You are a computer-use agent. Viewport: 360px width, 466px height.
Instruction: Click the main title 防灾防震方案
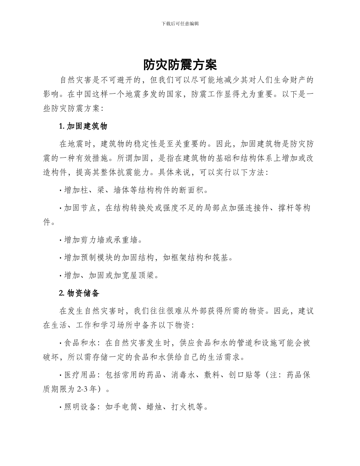180,65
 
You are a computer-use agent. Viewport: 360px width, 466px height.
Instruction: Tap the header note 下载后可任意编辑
180,23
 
